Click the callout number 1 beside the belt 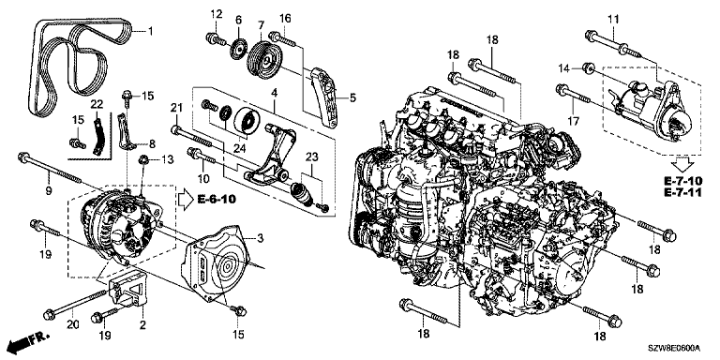coord(150,32)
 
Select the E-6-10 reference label coord(217,200)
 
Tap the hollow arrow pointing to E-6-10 coord(186,200)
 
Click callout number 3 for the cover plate coord(260,238)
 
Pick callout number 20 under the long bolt coord(73,324)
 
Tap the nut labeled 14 coord(586,67)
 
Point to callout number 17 coord(574,121)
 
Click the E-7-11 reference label coord(682,191)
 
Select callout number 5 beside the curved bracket coord(352,97)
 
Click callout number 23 coord(312,157)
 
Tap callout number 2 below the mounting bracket coord(143,325)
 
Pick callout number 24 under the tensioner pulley coord(240,148)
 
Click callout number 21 coord(177,109)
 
